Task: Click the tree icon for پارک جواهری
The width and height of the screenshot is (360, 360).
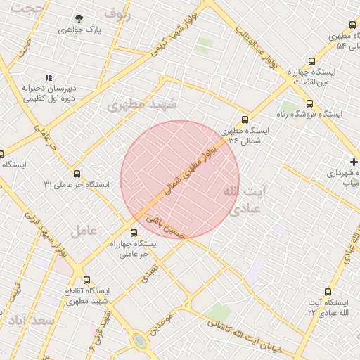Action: click(79, 19)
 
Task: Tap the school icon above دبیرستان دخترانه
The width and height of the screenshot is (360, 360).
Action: click(49, 77)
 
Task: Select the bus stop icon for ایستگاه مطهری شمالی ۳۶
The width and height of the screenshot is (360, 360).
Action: click(245, 120)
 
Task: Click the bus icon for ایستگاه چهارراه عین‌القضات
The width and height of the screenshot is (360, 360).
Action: click(312, 61)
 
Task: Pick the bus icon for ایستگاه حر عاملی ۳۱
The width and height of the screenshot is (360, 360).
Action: click(77, 174)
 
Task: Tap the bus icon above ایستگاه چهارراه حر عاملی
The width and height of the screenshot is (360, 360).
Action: click(134, 233)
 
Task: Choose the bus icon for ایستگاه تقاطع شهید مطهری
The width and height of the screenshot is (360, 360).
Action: click(87, 280)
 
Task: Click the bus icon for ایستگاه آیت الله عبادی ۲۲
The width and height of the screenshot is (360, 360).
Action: click(328, 292)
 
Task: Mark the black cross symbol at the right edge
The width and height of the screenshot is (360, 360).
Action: click(354, 162)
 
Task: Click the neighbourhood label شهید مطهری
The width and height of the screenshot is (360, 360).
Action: click(144, 105)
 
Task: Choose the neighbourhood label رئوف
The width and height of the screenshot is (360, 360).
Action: click(117, 12)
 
